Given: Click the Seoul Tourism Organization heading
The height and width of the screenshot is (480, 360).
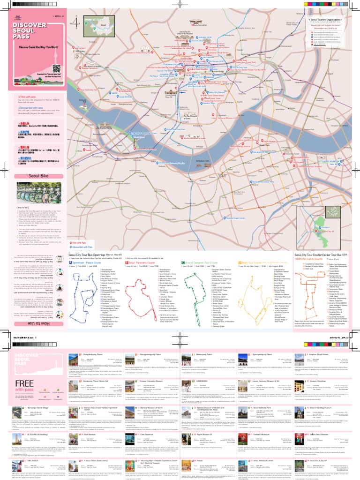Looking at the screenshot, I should pyautogui.click(x=326, y=20).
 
